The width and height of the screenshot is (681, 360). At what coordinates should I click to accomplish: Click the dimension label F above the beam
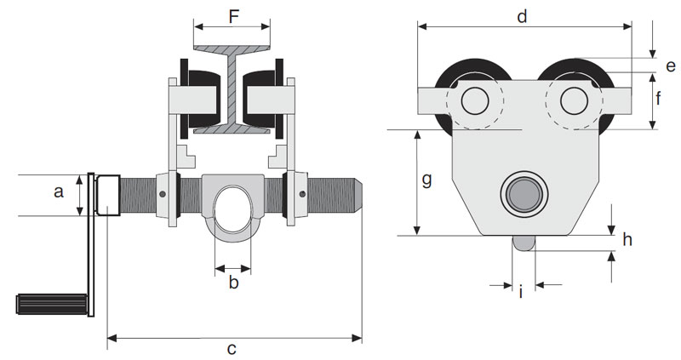(x=232, y=14)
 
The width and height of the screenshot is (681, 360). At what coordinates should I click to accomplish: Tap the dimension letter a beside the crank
(x=59, y=192)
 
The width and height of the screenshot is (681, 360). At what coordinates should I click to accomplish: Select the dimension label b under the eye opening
(x=232, y=283)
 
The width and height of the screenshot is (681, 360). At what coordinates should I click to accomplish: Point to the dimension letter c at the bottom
(x=232, y=349)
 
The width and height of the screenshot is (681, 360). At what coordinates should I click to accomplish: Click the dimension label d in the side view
(x=523, y=16)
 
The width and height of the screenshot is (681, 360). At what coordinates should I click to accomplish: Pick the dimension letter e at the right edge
(x=670, y=66)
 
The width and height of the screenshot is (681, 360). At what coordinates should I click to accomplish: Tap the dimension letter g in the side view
(x=427, y=180)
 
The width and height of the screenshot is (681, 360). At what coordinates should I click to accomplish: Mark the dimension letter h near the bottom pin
(x=627, y=239)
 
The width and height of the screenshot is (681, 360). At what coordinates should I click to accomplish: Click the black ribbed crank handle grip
(x=51, y=302)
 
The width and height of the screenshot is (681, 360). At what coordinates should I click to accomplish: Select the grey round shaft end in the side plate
(x=523, y=195)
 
